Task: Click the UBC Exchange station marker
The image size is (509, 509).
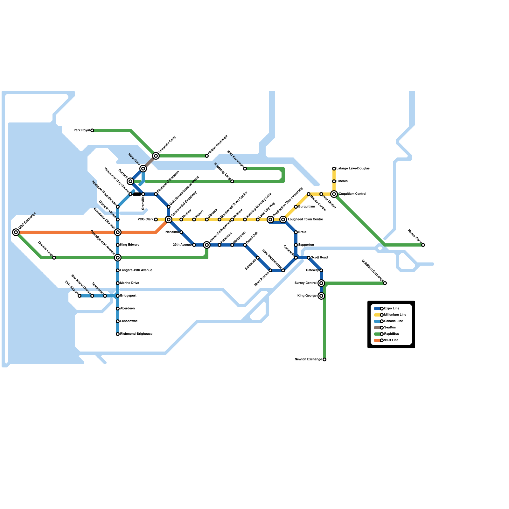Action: pyautogui.click(x=16, y=232)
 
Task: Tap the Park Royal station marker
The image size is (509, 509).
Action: pyautogui.click(x=92, y=130)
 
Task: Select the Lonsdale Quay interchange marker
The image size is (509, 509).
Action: pyautogui.click(x=156, y=156)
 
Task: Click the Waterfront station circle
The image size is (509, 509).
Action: pyautogui.click(x=143, y=169)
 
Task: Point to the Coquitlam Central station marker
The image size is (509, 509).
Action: pyautogui.click(x=334, y=194)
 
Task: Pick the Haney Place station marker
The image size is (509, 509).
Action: pyautogui.click(x=423, y=245)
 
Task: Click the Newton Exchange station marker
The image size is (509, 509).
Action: pyautogui.click(x=324, y=359)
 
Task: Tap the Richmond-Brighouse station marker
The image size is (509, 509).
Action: pyautogui.click(x=118, y=334)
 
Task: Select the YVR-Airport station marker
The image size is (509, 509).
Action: pyautogui.click(x=80, y=296)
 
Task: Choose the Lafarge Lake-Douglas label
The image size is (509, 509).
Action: pyautogui.click(x=353, y=169)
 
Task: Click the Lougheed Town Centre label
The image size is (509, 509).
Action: pyautogui.click(x=305, y=220)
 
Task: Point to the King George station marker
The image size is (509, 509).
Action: pyautogui.click(x=321, y=296)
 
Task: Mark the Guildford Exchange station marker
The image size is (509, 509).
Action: pyautogui.click(x=385, y=283)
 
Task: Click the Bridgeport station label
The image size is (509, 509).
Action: pyautogui.click(x=128, y=296)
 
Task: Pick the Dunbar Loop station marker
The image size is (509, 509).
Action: pyautogui.click(x=54, y=258)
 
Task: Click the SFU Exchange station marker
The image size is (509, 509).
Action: pyautogui.click(x=245, y=169)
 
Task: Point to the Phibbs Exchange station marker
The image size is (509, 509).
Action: pyautogui.click(x=207, y=156)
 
